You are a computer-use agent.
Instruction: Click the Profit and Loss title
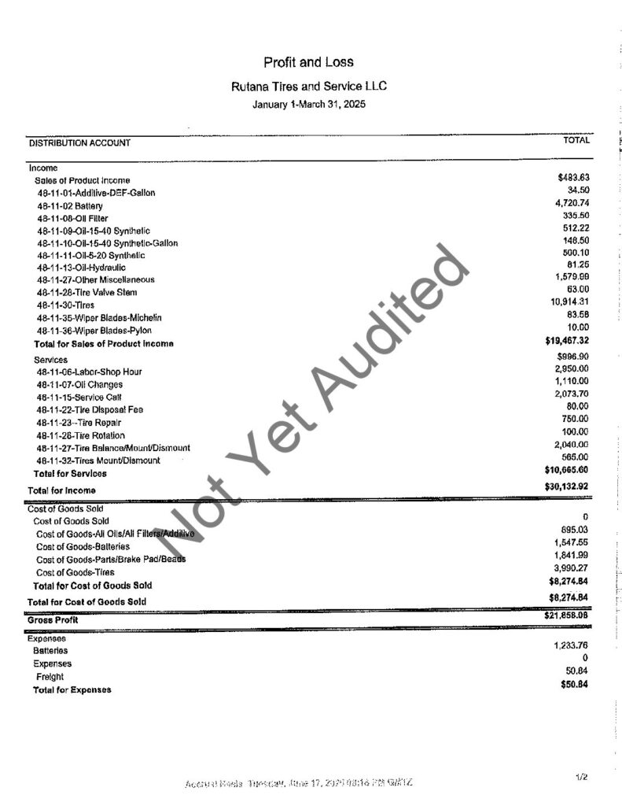[x=309, y=63]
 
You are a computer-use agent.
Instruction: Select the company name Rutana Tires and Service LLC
[x=308, y=87]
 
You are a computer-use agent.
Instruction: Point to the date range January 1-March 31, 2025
[x=309, y=104]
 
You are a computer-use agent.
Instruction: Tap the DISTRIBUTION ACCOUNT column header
[x=79, y=143]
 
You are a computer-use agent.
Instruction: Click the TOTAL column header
[x=576, y=140]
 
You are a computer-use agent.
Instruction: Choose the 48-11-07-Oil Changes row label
[x=79, y=385]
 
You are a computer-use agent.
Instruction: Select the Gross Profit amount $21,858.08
[x=567, y=615]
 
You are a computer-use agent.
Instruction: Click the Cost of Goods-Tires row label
[x=75, y=572]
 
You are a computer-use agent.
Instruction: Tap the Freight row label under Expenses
[x=50, y=676]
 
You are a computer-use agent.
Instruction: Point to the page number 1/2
[x=582, y=778]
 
